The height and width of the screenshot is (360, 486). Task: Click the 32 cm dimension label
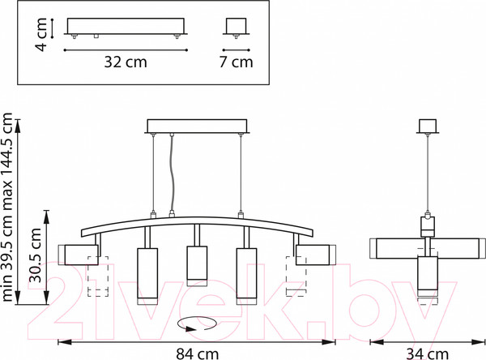[126, 62]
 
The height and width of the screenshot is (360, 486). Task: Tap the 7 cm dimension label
[237, 62]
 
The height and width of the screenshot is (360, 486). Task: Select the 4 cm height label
[40, 34]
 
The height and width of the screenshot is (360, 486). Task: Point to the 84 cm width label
[198, 354]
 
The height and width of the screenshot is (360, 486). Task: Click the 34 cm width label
[428, 354]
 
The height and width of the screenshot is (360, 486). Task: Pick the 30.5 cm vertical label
[35, 255]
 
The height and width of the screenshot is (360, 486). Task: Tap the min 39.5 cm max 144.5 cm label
[7, 207]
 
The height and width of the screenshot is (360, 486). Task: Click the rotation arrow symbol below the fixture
[197, 324]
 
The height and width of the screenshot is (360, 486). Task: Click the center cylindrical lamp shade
[197, 266]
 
